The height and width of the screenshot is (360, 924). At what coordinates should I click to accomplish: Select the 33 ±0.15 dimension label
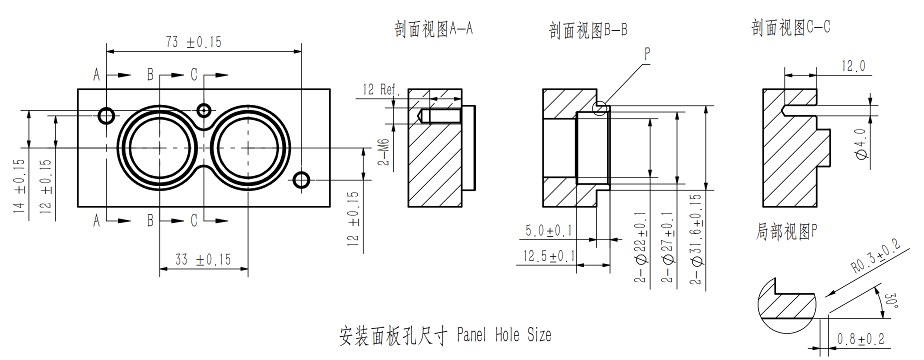pos(203,260)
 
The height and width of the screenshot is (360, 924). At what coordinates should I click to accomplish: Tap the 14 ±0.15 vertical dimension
pos(19,186)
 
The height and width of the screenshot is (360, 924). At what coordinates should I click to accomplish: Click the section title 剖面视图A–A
pos(433,29)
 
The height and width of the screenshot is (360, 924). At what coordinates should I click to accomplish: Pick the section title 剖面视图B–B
pos(587,30)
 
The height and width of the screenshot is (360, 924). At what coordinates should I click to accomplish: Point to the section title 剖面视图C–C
pos(790,27)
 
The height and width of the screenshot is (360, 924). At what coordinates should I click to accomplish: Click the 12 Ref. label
pos(380,90)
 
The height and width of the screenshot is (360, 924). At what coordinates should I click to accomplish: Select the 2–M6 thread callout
pos(383,152)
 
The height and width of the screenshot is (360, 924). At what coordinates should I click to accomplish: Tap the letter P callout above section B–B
pos(647,53)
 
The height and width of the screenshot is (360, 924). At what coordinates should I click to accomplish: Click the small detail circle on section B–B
pos(600,108)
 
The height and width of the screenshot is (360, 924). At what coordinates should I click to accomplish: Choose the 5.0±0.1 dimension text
pos(548,231)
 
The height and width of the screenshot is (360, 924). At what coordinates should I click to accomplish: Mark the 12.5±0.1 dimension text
pos(548,256)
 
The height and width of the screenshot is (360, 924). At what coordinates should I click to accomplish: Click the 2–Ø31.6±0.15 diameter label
pos(696,239)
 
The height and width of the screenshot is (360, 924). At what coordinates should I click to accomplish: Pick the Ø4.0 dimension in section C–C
pos(860,144)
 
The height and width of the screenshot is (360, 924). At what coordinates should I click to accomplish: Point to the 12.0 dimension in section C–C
pos(853,66)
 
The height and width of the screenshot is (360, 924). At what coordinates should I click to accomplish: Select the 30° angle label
pos(890,300)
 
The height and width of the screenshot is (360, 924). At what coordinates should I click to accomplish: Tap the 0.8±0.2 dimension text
pos(860,339)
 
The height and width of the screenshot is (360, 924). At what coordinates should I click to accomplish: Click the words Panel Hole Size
pos(504,335)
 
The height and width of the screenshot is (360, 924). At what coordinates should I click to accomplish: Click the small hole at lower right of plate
pos(301,180)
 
